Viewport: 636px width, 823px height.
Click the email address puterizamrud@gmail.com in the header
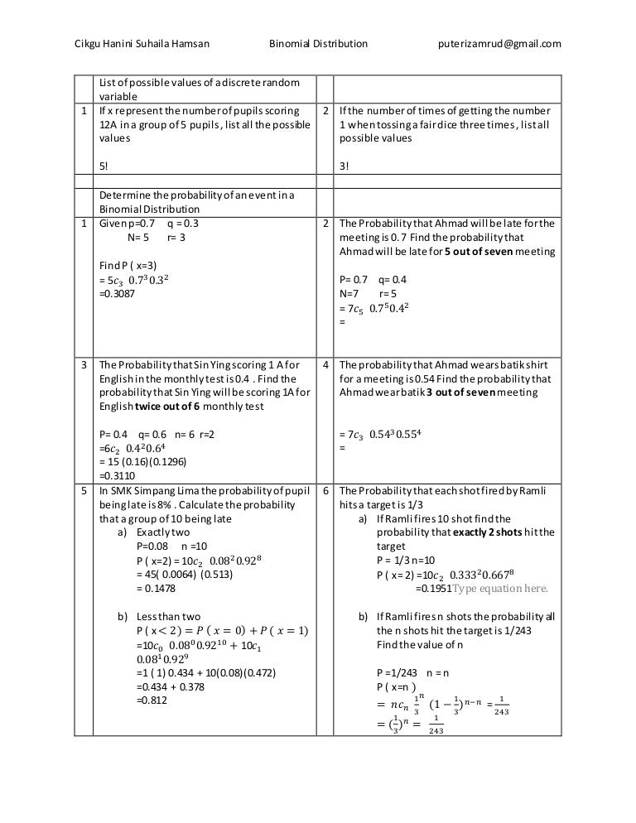[499, 43]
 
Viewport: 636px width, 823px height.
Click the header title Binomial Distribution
[319, 43]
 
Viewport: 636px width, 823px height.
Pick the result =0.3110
[118, 476]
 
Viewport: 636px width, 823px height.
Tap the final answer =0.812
[152, 700]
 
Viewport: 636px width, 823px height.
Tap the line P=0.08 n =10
[166, 546]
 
